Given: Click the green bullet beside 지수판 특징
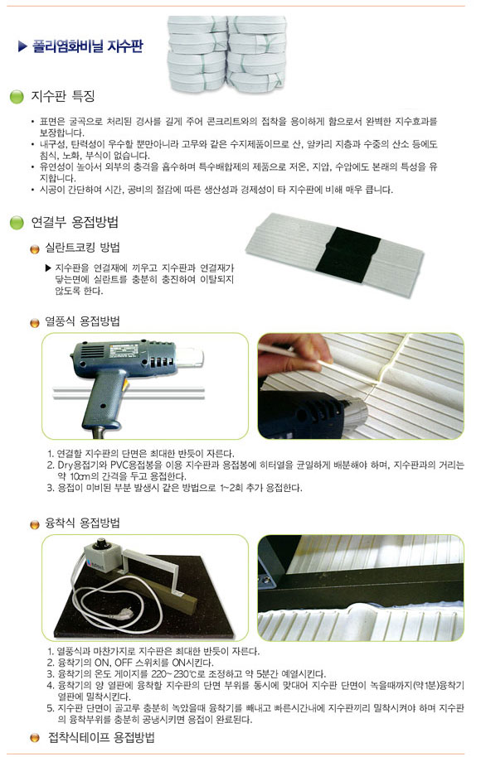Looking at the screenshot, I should (x=17, y=99).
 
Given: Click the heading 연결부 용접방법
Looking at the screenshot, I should (x=75, y=223).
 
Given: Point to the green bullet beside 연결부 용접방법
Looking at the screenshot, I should (x=17, y=224).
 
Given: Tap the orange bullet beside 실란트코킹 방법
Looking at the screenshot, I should (x=34, y=249).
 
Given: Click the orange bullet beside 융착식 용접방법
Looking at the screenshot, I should (x=34, y=524).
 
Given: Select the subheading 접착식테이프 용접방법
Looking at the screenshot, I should (x=101, y=737).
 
